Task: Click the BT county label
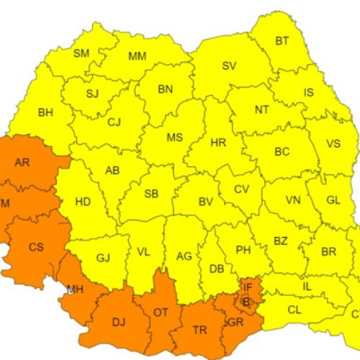coord(282,41)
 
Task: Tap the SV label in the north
coord(229,66)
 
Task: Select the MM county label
coord(137,57)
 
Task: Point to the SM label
coord(81,53)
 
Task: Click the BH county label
coord(45,112)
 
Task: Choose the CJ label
coord(114,122)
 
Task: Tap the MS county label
coord(174,138)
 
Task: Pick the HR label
coord(218,143)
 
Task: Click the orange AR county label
coord(22,163)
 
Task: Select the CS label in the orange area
coord(36,247)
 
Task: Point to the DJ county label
coord(119,322)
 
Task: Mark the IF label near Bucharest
coord(248,287)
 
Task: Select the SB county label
coord(151,194)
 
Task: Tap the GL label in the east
coord(333,200)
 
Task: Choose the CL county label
coord(294,310)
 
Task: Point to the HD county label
coord(83,202)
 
